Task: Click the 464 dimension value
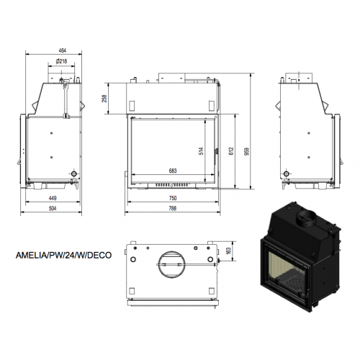62,50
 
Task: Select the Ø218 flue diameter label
62,61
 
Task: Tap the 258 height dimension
104,99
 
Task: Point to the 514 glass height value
201,151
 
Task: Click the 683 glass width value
173,171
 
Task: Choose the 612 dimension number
231,151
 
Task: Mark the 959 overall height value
246,151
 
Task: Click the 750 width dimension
173,198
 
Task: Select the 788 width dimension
173,208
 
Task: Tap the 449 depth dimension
53,198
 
